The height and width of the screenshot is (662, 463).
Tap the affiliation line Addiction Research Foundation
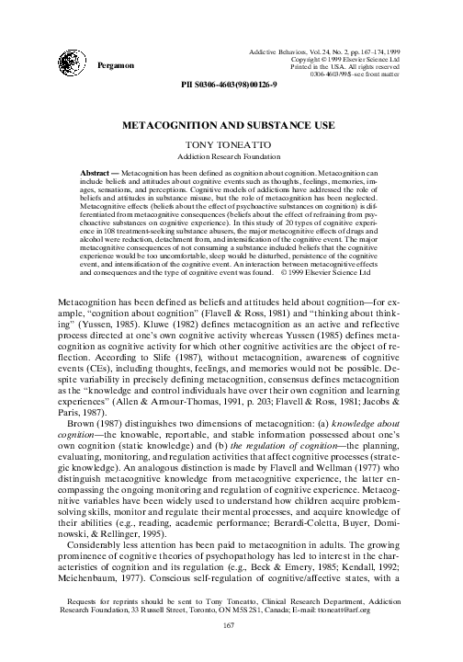tap(231, 159)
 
